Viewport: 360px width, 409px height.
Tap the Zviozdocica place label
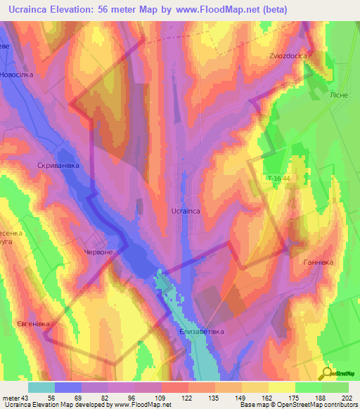point(289,56)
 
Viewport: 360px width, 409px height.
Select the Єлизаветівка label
point(202,331)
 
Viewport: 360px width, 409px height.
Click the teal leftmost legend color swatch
point(41,387)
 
